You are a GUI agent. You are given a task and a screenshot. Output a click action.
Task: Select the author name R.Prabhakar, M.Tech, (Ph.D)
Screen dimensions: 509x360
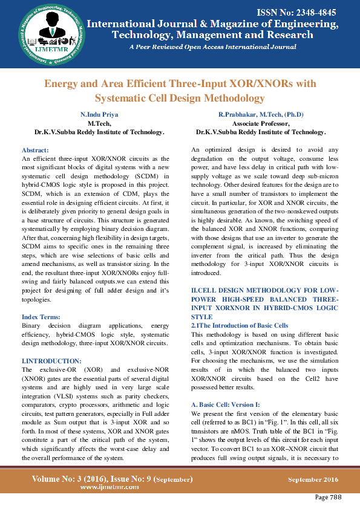261,114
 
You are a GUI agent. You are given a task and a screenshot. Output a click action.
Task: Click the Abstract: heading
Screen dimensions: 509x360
39,149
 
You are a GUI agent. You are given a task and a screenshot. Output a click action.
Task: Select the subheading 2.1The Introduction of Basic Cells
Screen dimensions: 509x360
240,325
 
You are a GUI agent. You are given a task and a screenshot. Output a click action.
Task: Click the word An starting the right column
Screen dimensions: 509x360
196,149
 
